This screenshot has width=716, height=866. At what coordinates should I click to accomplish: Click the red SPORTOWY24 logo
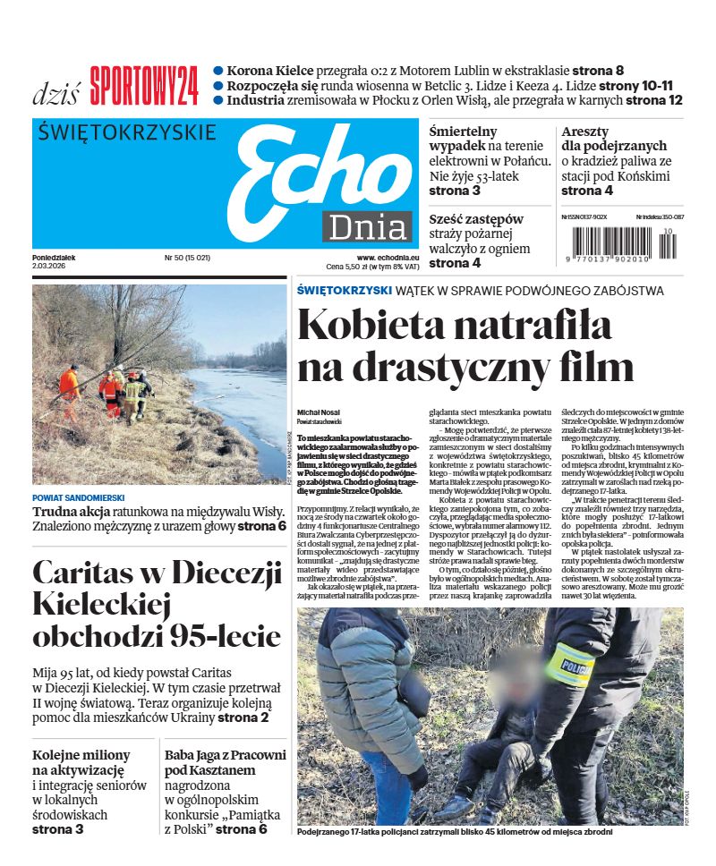tap(144, 87)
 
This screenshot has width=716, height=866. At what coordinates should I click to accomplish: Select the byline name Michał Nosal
tap(316, 412)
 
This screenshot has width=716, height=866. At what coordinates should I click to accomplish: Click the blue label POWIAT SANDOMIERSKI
tap(79, 497)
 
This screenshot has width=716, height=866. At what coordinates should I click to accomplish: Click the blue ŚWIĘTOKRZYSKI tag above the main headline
tap(345, 290)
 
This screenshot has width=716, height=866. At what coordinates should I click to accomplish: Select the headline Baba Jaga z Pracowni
tap(225, 754)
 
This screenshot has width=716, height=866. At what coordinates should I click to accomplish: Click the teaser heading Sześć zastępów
tap(475, 219)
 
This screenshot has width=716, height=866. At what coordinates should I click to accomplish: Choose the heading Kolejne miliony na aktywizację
tap(81, 761)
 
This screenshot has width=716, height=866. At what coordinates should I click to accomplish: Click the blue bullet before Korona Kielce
tap(217, 71)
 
